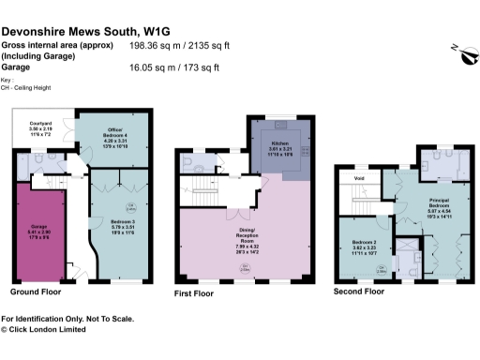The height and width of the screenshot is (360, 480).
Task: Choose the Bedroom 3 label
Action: pyautogui.click(x=122, y=225)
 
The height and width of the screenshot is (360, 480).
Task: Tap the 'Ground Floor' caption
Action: pyautogui.click(x=36, y=292)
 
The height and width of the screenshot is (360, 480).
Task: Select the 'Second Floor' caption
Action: pyautogui.click(x=359, y=292)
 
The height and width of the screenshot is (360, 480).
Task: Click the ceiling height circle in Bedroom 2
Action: pyautogui.click(x=381, y=269)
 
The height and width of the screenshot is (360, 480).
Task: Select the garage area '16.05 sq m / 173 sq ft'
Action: pyautogui.click(x=176, y=67)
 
